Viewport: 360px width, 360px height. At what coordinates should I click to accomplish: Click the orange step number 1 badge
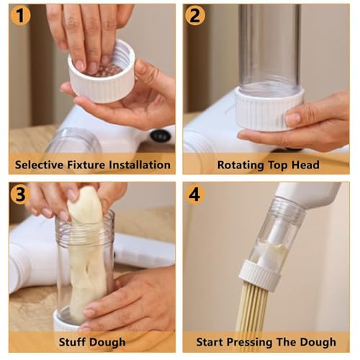pos(21,15)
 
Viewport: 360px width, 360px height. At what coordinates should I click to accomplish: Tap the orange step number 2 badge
pos(195,15)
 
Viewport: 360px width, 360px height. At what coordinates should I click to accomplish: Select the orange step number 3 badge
pos(21,194)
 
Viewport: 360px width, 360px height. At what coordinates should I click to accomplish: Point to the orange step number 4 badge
pos(195,194)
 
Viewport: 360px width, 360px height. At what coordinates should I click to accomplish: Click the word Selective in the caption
pos(39,165)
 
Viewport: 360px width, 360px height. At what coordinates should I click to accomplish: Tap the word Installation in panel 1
pos(140,165)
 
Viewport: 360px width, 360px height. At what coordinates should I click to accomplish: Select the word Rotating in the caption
pos(240,166)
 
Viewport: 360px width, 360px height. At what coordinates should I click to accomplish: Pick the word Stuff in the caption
pos(71,342)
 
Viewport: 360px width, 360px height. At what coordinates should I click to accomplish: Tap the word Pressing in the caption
pos(250,343)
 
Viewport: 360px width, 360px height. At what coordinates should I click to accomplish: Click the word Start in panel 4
pos(210,342)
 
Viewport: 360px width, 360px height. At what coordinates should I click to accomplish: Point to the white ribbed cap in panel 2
pos(269,109)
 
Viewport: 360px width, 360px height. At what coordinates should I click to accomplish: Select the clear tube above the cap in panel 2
pos(269,47)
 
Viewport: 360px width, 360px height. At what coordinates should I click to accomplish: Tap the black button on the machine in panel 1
pos(161,136)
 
